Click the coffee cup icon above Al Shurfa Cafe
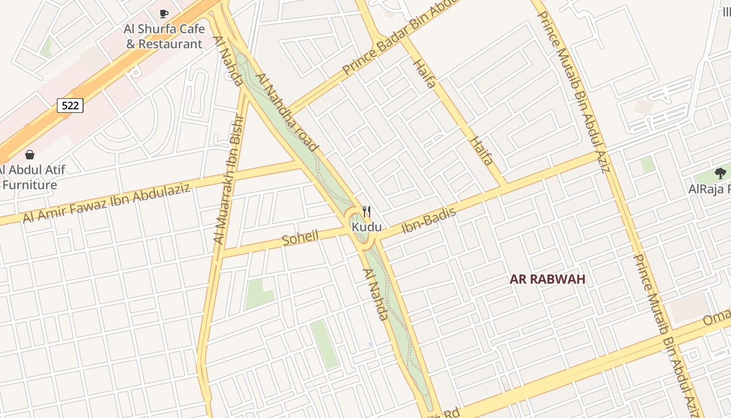(164, 14)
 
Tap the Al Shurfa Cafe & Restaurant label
(163, 37)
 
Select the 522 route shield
(70, 106)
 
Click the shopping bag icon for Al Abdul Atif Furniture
(30, 155)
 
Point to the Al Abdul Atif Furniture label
(31, 178)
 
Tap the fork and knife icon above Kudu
(367, 212)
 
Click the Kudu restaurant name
(367, 227)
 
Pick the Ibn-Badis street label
(429, 221)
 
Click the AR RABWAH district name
(547, 279)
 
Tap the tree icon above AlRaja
(720, 173)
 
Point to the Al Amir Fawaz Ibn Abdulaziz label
(107, 203)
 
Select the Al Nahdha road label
(287, 112)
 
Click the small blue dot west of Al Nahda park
(370, 344)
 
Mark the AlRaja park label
(709, 189)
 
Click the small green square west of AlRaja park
(648, 164)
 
